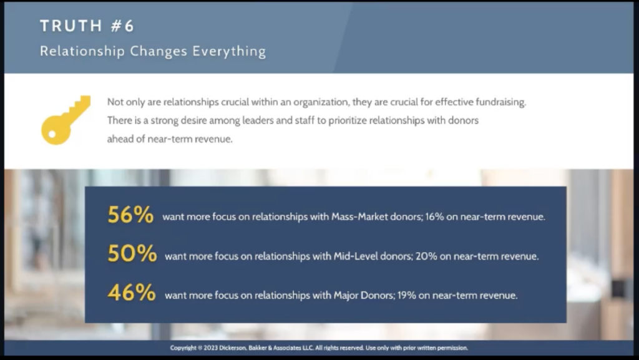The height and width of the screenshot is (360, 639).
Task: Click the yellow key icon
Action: coord(65,120)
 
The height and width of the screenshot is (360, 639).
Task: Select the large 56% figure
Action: coord(130,215)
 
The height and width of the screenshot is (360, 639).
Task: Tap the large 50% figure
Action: coord(132,253)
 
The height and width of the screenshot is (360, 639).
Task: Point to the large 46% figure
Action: coord(132,293)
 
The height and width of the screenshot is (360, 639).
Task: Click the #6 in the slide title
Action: coord(122,26)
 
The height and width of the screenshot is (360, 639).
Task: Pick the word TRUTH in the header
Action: coord(71,26)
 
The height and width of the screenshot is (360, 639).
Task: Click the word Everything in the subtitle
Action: coord(229,52)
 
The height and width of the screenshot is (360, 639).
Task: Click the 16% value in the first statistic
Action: coord(434,216)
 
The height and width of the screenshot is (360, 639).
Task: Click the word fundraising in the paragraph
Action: coord(500,102)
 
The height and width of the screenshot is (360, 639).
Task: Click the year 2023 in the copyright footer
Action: coord(211,348)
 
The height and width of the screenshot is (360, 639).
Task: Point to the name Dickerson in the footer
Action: coord(233,348)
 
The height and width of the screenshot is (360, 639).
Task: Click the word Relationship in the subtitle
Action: coord(82,52)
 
